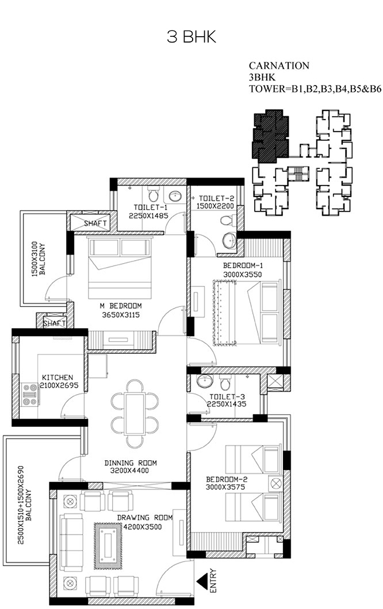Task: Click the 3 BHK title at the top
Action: (191, 37)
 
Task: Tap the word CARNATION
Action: (279, 65)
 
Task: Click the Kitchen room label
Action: (58, 377)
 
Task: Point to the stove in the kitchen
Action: (29, 394)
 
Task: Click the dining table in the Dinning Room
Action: (135, 413)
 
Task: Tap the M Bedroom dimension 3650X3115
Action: (121, 315)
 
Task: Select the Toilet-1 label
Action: (149, 207)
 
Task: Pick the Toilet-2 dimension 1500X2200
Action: (215, 206)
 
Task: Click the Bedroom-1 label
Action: (243, 265)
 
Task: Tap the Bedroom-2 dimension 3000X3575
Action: (225, 487)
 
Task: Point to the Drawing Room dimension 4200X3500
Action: (142, 527)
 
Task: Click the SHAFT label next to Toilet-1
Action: (95, 223)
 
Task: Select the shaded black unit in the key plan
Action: (270, 136)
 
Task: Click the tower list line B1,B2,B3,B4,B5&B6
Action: (315, 89)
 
